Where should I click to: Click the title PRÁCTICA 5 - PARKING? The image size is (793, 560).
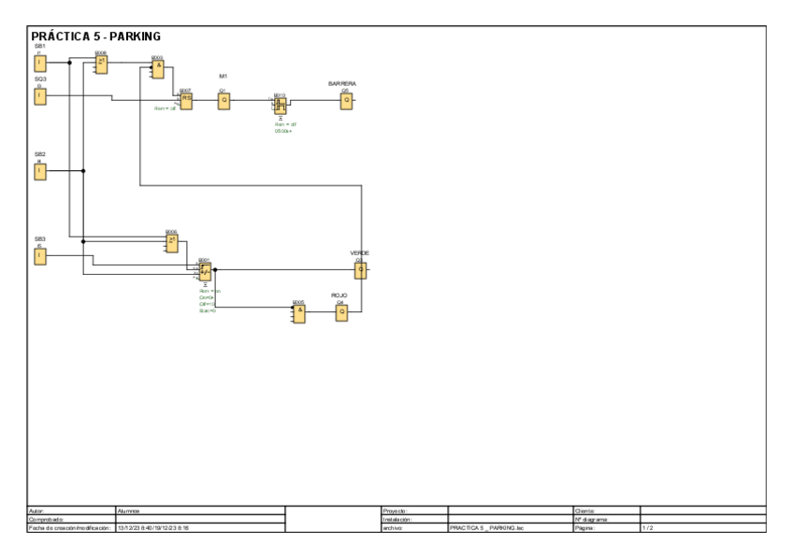(x=96, y=36)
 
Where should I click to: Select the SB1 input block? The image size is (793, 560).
(x=39, y=64)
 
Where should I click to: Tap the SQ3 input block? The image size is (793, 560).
(x=39, y=96)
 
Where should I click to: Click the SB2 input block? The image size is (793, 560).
(x=39, y=171)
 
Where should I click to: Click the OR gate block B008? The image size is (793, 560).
(x=102, y=64)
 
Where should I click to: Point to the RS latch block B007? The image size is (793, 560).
(x=186, y=101)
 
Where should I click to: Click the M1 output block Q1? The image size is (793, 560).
(x=223, y=101)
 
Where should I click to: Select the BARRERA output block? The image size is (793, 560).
(x=346, y=101)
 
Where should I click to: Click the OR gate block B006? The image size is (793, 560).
(x=172, y=243)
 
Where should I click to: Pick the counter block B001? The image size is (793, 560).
(x=205, y=272)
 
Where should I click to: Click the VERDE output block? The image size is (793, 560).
(x=360, y=270)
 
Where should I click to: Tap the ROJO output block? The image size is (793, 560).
(x=341, y=314)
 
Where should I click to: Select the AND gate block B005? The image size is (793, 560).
(x=298, y=314)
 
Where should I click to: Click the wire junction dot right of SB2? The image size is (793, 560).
(x=83, y=171)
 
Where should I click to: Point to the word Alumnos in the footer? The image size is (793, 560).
(x=129, y=510)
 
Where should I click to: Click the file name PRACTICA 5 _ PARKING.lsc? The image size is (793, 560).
(x=483, y=528)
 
